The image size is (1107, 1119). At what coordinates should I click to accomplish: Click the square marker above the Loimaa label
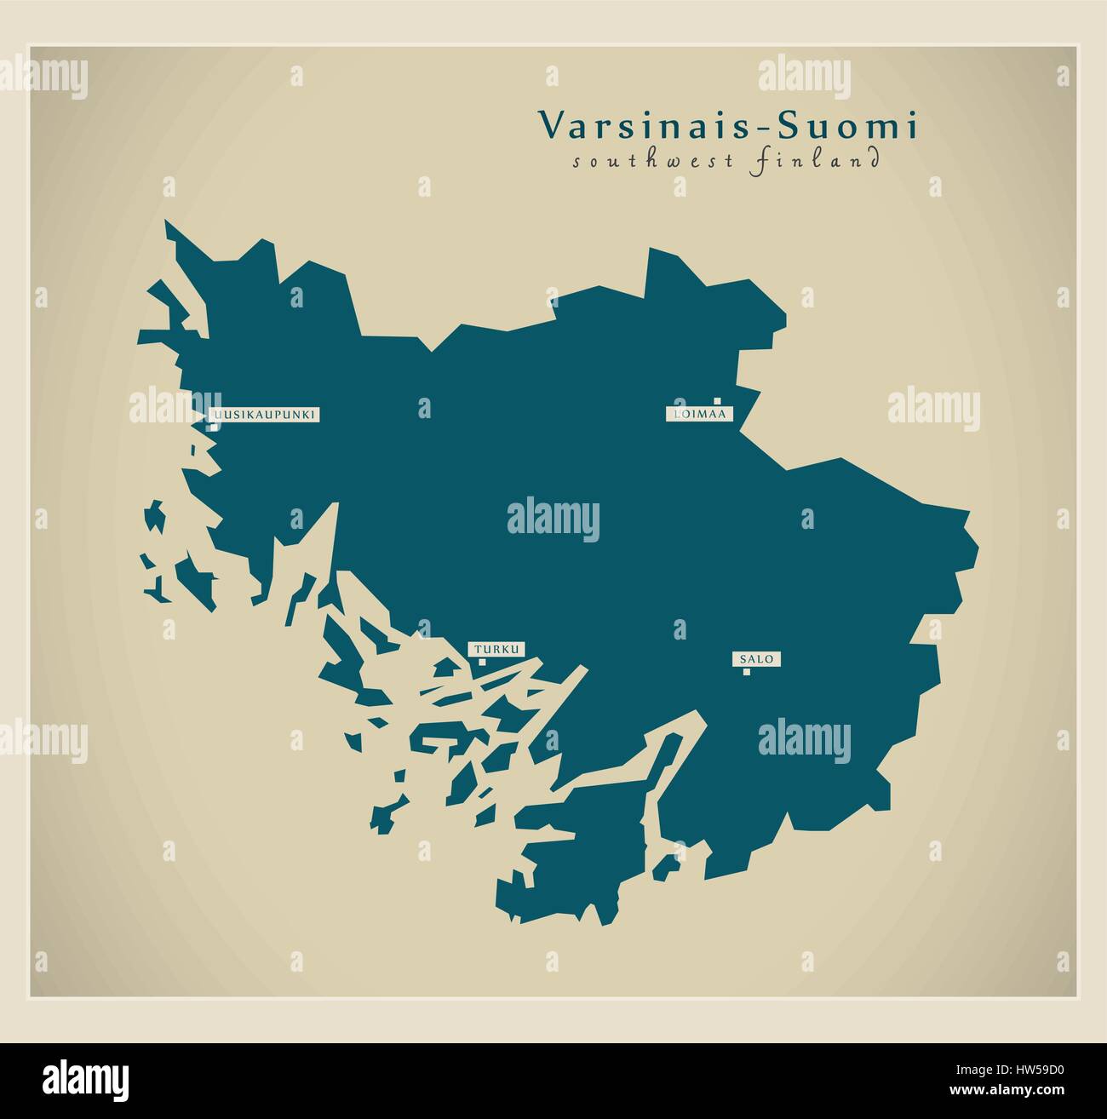pyautogui.click(x=718, y=399)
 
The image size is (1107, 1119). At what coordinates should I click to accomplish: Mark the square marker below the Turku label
pyautogui.click(x=482, y=662)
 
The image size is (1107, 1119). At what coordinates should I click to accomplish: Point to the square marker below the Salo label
pyautogui.click(x=747, y=672)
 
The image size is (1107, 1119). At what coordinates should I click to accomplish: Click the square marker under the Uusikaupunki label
pyautogui.click(x=214, y=427)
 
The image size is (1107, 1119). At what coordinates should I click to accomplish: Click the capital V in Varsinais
pyautogui.click(x=549, y=126)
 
